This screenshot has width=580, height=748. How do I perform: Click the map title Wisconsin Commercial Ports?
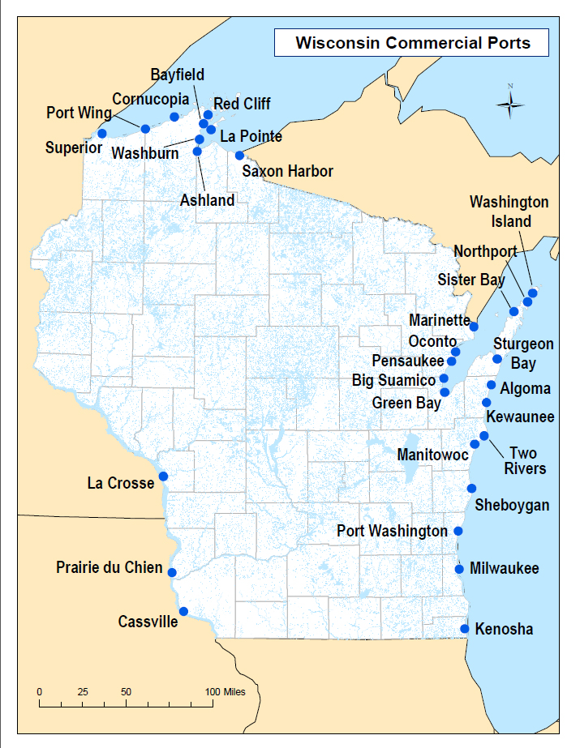412,42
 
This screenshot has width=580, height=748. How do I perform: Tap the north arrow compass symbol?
510,102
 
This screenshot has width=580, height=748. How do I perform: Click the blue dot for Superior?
101,133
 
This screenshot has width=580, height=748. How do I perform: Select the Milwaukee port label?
504,569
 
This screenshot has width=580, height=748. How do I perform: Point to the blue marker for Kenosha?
465,629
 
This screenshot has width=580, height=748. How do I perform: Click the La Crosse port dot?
163,476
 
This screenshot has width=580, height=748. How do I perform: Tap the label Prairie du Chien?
109,567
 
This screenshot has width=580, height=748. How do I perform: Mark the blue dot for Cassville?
183,611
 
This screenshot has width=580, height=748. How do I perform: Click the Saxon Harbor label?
287,171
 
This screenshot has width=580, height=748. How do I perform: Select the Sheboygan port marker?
471,488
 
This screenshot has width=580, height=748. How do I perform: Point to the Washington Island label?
509,212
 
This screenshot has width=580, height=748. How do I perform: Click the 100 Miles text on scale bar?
226,692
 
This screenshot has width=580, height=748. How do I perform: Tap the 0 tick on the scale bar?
40,692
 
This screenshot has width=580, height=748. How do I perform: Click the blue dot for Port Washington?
458,531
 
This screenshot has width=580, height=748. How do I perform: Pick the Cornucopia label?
150,99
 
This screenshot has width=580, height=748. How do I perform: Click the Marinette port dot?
474,327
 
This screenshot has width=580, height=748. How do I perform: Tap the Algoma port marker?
492,385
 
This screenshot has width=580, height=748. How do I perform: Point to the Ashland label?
207,200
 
